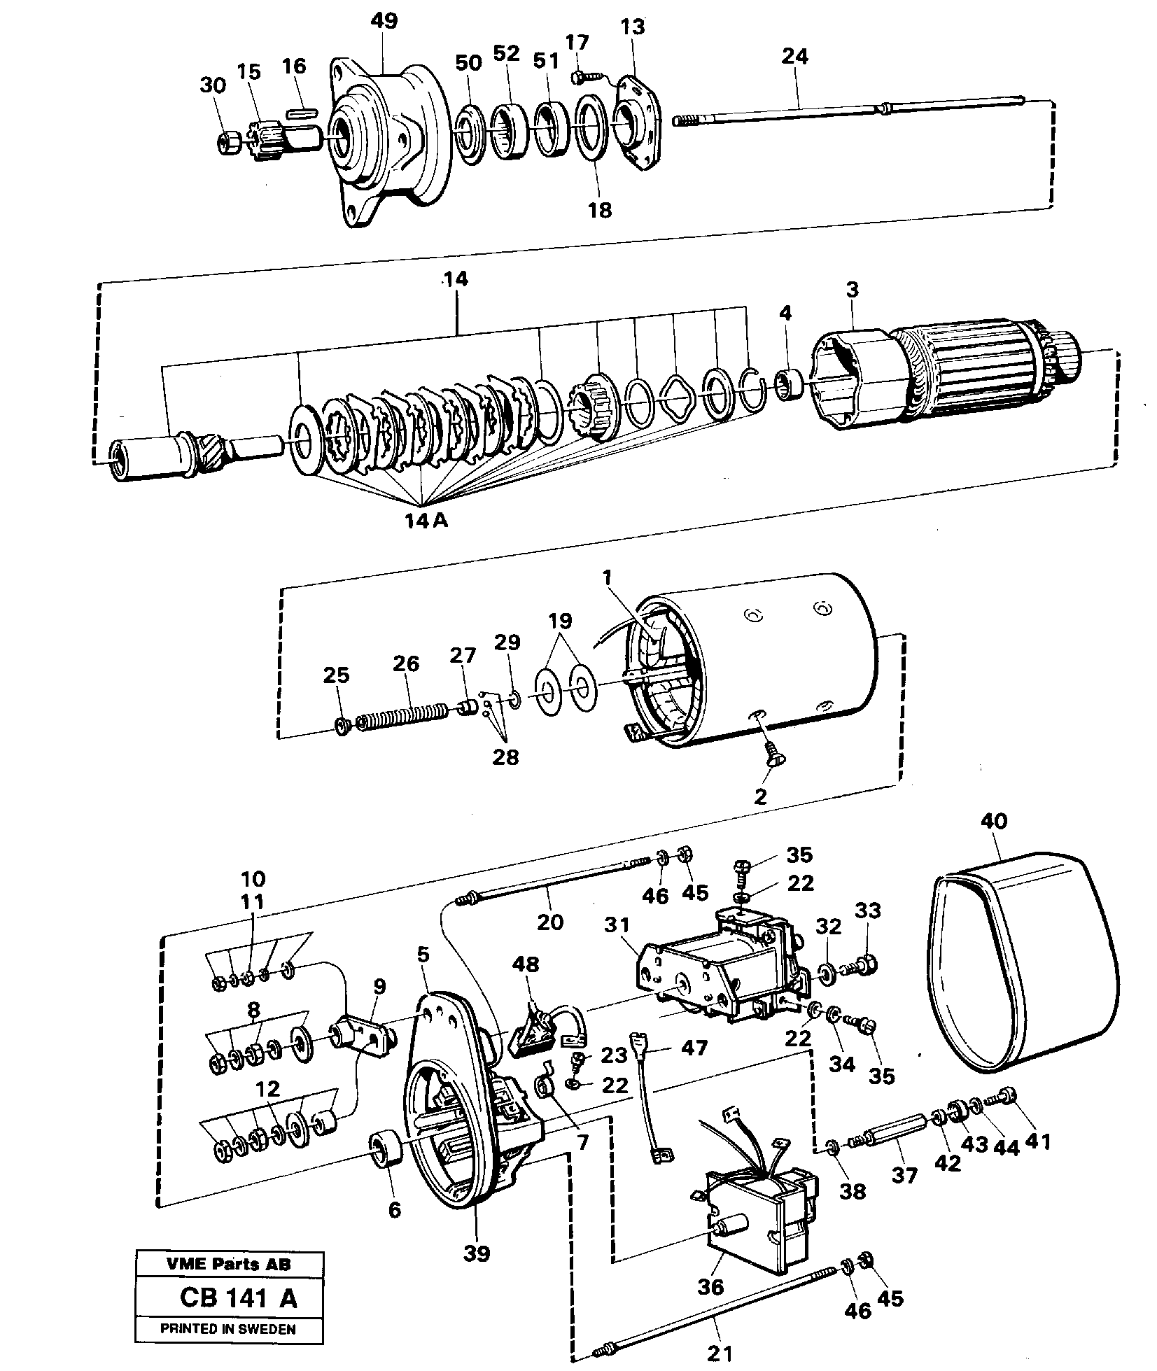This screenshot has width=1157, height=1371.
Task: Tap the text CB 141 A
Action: pyautogui.click(x=238, y=1298)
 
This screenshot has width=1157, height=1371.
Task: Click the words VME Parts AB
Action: pyautogui.click(x=228, y=1264)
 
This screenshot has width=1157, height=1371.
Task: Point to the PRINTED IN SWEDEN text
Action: pyautogui.click(x=228, y=1329)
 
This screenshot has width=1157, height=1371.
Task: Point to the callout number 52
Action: pyautogui.click(x=506, y=52)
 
